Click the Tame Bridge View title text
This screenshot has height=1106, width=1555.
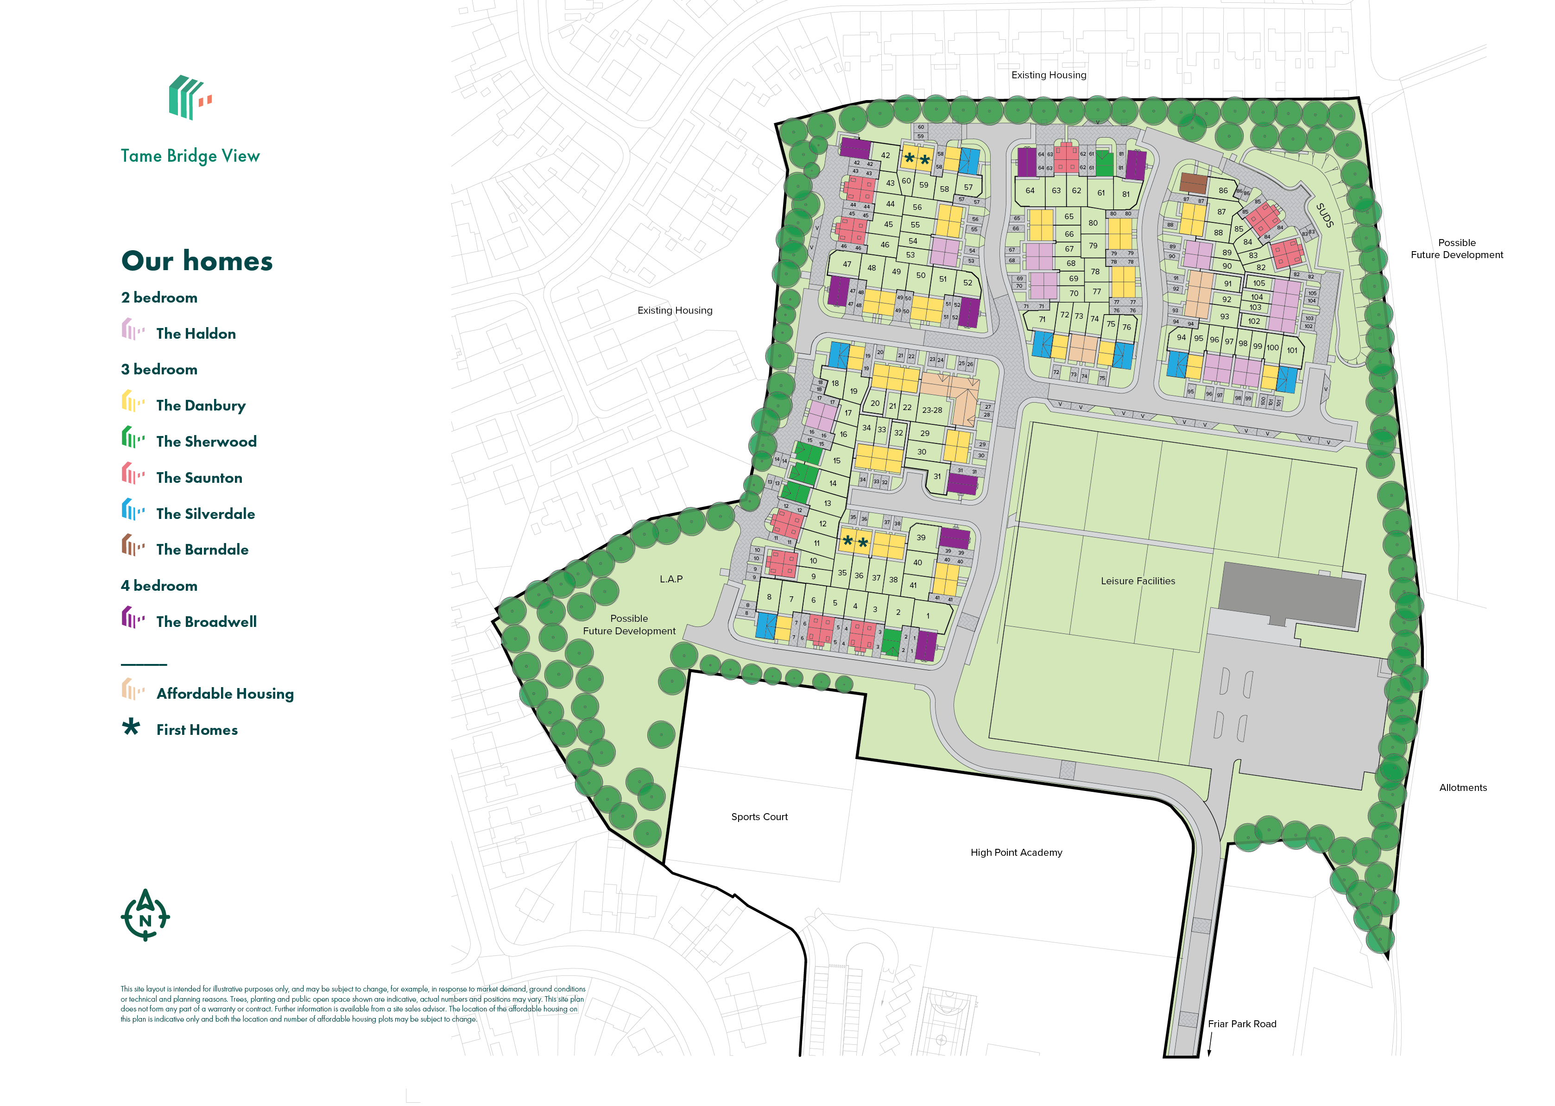(x=190, y=156)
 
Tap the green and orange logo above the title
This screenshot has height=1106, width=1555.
(x=190, y=97)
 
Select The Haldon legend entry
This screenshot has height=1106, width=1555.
(x=196, y=334)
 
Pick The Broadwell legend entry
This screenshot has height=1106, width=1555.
(x=206, y=622)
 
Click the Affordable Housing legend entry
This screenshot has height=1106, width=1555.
(x=225, y=694)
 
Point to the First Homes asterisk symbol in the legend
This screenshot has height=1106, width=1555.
(x=131, y=727)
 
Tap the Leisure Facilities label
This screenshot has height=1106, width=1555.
(x=1138, y=581)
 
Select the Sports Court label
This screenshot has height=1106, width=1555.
(x=759, y=816)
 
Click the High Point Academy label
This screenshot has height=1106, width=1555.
(x=1016, y=852)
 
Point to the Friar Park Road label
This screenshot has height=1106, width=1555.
(x=1242, y=1024)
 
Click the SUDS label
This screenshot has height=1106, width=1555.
(x=1324, y=215)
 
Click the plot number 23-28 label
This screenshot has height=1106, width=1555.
(x=932, y=410)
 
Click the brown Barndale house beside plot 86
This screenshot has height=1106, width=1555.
(x=1193, y=183)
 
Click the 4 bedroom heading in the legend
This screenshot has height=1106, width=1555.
(x=159, y=586)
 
